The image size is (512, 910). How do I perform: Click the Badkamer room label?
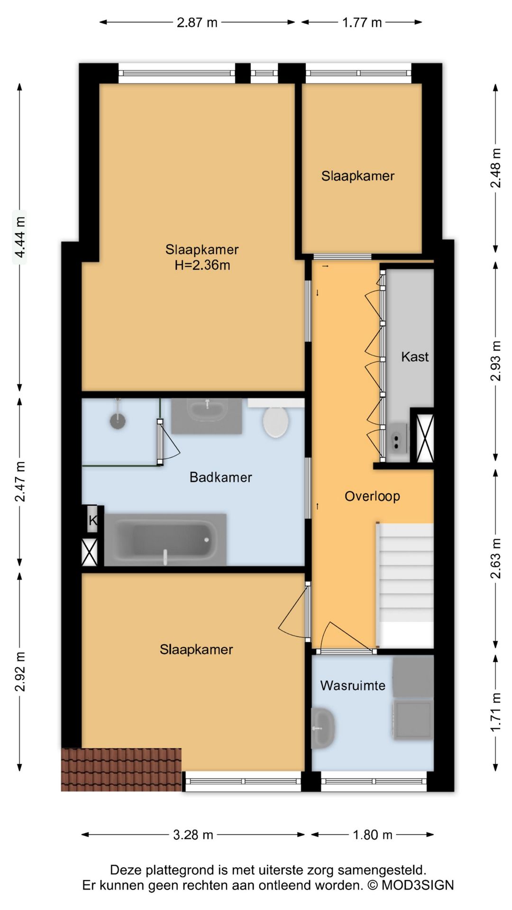[220, 477]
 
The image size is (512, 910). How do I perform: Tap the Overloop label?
[372, 496]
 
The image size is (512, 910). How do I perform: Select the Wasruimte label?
[353, 685]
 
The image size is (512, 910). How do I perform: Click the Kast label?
[415, 356]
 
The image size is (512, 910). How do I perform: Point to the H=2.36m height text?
[202, 265]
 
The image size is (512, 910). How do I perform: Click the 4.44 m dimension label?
[20, 237]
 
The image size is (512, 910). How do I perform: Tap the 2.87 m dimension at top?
[197, 22]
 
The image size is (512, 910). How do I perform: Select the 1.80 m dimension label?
[373, 835]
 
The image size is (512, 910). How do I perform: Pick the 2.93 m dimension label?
[495, 361]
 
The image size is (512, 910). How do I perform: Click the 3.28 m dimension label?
[193, 835]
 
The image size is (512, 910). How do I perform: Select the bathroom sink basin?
[207, 410]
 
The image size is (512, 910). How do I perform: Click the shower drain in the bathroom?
[118, 420]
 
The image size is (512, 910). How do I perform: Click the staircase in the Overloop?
[405, 585]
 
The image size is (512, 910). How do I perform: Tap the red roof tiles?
[121, 770]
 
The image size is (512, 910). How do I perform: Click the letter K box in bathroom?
[92, 520]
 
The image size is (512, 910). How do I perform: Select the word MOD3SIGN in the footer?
[418, 885]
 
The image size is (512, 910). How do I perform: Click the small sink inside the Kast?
[397, 442]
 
